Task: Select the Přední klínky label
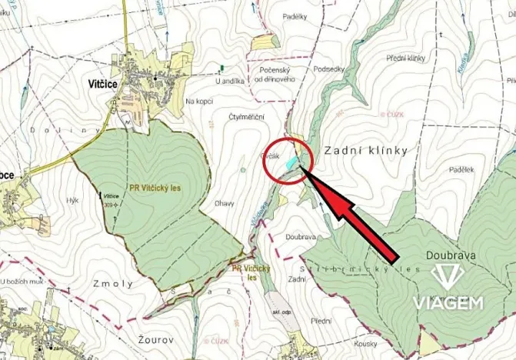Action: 405,58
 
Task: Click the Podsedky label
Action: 328,68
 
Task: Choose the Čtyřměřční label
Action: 247,116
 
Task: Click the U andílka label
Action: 229,80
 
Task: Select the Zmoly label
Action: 115,283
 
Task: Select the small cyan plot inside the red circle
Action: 291,162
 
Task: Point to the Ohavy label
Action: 225,204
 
